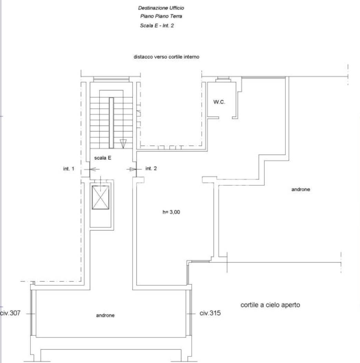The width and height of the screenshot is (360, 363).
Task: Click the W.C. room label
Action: tap(219, 102)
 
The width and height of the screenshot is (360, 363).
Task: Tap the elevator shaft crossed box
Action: tap(101, 197)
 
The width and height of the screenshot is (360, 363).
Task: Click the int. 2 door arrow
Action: tap(132, 169)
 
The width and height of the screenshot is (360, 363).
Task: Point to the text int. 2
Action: tap(151, 168)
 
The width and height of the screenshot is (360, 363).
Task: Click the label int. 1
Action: tap(69, 168)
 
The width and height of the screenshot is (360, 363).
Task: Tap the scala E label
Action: tap(103, 158)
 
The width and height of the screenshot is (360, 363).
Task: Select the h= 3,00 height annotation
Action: tap(171, 212)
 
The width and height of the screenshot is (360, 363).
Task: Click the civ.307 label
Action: tap(10, 313)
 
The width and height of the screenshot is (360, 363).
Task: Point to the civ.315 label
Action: tap(210, 313)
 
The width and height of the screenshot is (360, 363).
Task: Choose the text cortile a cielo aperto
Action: tap(270, 305)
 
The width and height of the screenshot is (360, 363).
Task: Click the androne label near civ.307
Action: tap(105, 315)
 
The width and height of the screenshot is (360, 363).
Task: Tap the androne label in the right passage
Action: tap(301, 189)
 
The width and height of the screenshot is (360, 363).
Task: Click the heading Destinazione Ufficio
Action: tap(161, 8)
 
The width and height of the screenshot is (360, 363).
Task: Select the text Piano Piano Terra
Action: tap(161, 16)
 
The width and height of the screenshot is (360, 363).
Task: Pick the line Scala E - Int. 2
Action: tap(157, 26)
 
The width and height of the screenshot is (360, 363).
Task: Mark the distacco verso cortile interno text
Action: tap(167, 57)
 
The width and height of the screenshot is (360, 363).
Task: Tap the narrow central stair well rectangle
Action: tap(111, 123)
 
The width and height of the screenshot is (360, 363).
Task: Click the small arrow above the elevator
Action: tap(101, 180)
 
